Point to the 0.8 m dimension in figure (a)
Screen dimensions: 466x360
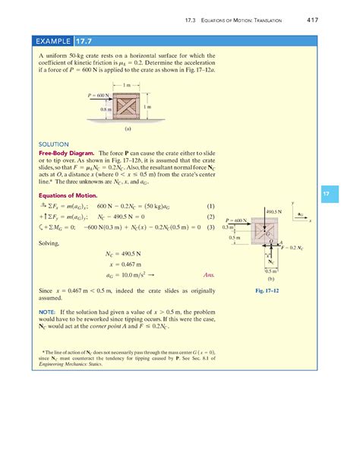pyautogui.click(x=106, y=110)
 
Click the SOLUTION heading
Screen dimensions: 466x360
pyautogui.click(x=53, y=144)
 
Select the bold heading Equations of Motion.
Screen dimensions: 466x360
pyautogui.click(x=67, y=194)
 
